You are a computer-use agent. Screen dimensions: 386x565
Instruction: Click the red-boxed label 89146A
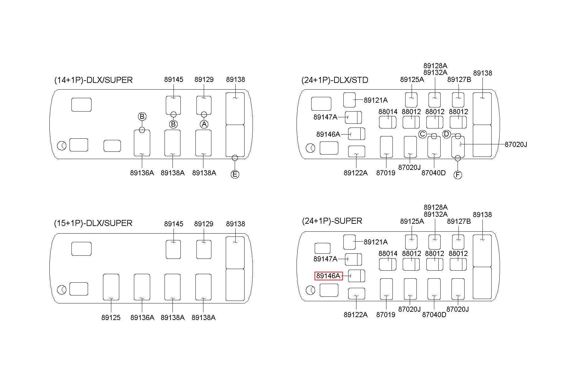(328, 276)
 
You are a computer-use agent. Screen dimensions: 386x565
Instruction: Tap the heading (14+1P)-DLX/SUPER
(93, 80)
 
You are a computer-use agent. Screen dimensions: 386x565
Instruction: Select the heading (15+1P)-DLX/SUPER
(93, 223)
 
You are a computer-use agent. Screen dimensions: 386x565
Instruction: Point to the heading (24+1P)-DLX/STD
(335, 80)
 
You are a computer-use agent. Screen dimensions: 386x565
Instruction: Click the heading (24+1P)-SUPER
(332, 221)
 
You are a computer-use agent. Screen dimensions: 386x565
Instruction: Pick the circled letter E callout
(235, 174)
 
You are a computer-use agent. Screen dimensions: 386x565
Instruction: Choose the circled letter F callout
(458, 175)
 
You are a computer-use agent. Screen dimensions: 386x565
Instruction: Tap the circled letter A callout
(204, 124)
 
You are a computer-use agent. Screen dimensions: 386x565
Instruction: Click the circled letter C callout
(422, 134)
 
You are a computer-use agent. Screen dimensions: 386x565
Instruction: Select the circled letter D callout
(446, 134)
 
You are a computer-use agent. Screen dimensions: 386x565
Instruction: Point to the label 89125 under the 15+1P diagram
(111, 317)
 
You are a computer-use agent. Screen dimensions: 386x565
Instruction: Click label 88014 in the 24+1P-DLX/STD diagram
(388, 112)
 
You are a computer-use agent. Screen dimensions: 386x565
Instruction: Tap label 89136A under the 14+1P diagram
(142, 173)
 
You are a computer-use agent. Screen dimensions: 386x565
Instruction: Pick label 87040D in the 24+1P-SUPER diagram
(434, 315)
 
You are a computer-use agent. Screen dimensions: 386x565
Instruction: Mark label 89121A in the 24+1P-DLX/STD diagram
(376, 100)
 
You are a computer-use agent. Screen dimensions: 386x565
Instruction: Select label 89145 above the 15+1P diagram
(174, 224)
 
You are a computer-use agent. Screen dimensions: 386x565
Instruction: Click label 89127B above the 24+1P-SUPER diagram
(459, 221)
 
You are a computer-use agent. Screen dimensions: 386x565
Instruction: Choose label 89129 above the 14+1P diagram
(204, 79)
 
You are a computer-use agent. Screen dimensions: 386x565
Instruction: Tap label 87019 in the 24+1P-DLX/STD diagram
(385, 173)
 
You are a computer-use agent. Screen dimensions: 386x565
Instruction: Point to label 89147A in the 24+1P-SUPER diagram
(325, 259)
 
